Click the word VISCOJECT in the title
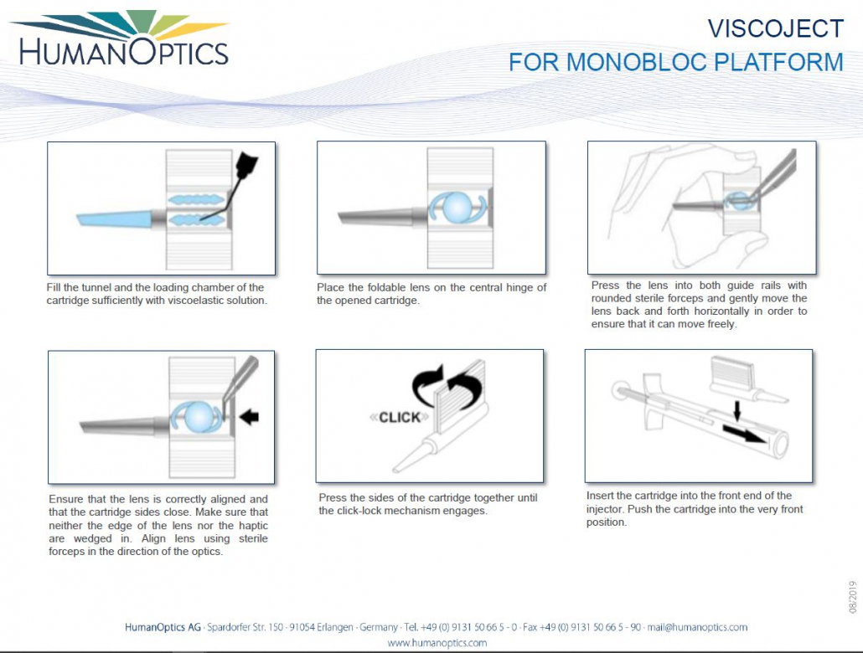point(775,28)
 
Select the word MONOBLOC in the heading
point(640,62)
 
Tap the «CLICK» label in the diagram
point(399,417)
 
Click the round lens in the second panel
point(457,207)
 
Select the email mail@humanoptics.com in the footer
point(697,627)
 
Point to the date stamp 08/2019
point(852,596)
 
